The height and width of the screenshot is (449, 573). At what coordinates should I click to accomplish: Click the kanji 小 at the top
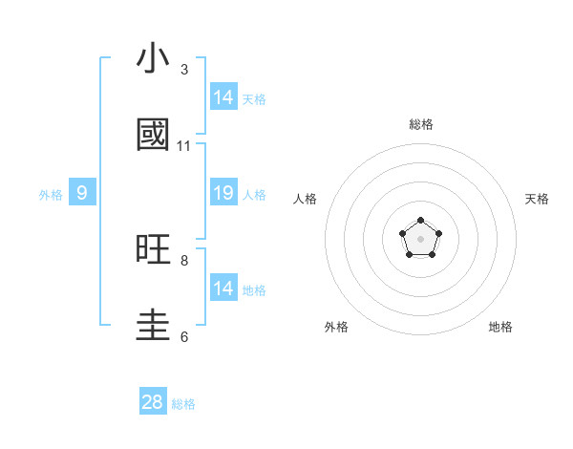154,59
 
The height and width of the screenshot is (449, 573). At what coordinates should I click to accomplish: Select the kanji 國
154,136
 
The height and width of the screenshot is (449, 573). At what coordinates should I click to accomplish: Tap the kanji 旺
154,250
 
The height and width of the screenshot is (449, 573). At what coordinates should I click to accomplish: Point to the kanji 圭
154,326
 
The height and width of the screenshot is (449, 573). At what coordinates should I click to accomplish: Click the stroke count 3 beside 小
184,70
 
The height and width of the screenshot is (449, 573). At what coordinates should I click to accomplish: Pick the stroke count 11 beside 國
184,146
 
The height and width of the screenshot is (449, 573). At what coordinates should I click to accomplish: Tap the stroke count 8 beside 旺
184,260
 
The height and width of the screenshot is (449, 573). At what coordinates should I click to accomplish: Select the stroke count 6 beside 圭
184,336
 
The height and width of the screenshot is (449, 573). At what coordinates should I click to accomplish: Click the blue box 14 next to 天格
223,97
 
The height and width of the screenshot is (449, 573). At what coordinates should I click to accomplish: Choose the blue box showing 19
223,193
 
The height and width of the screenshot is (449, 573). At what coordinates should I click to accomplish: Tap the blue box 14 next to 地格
223,289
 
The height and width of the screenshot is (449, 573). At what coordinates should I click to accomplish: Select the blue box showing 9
82,193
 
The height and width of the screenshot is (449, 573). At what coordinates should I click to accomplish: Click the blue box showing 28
153,402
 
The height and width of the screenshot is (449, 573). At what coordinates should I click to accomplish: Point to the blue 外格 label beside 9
51,195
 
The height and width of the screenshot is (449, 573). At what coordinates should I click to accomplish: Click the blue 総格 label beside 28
183,404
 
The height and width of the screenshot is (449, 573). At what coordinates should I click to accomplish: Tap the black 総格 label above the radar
421,124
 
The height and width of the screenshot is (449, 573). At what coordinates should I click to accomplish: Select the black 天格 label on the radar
538,199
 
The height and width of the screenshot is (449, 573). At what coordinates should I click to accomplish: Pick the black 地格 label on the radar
500,327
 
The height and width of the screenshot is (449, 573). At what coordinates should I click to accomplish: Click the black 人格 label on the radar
306,199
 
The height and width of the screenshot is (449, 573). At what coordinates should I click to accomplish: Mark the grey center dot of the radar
421,238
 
